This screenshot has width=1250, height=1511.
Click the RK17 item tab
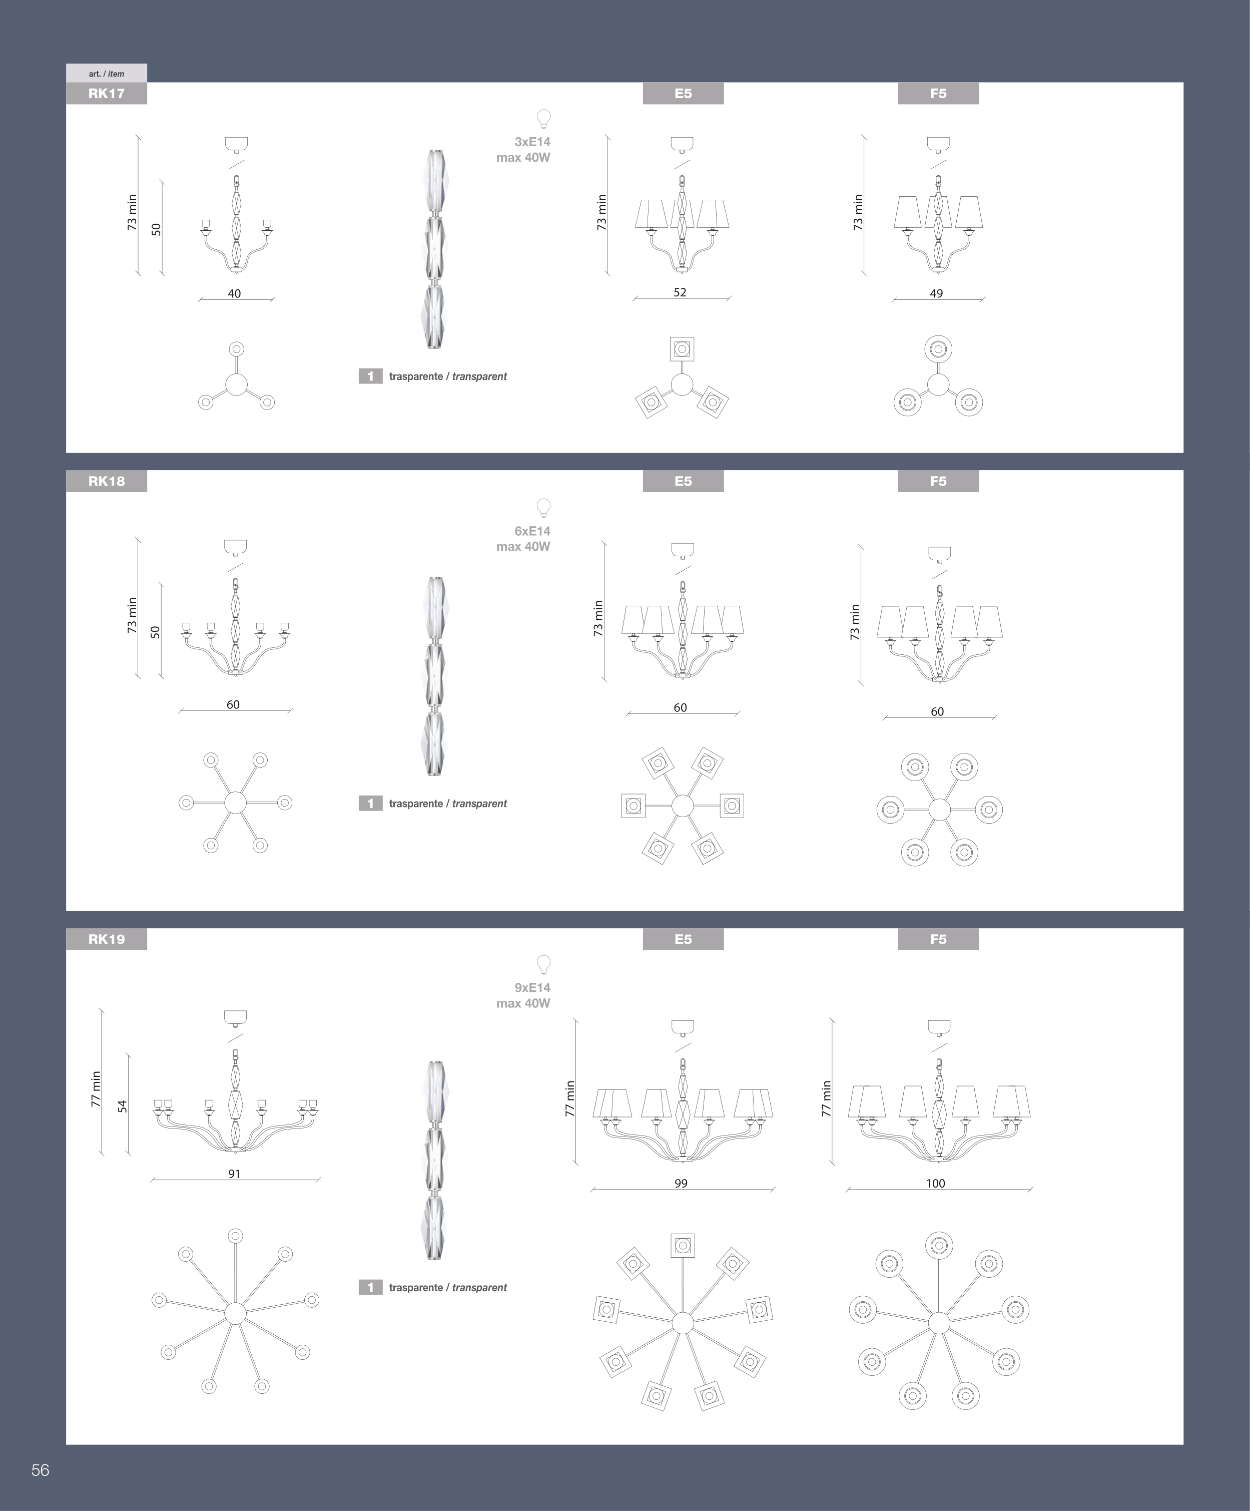point(107,94)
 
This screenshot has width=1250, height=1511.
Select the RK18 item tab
point(107,481)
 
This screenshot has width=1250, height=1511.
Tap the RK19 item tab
point(107,939)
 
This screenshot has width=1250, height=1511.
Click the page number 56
point(40,1470)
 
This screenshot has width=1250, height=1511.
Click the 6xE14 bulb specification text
point(532,531)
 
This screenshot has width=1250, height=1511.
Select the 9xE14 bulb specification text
point(532,988)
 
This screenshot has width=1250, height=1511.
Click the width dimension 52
point(680,292)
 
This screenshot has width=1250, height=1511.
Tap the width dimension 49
point(936,293)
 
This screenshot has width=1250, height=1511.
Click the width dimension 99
point(681,1183)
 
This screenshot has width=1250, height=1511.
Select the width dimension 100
point(935,1183)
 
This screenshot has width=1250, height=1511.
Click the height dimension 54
point(122,1106)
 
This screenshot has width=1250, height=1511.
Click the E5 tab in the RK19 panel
point(683,939)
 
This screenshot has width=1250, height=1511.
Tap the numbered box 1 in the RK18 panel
point(370,803)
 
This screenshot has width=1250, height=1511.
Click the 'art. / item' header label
point(107,74)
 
